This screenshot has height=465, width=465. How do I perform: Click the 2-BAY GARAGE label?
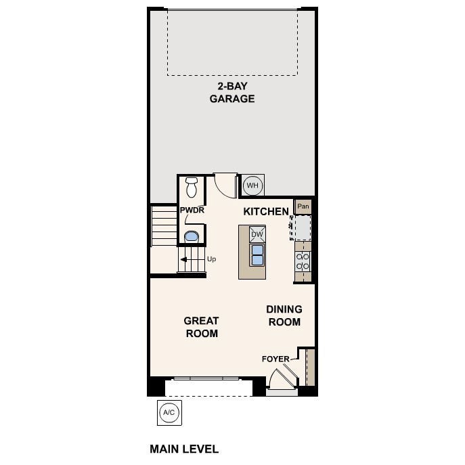pos(231,93)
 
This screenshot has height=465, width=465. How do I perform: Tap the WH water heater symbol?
pos(252,185)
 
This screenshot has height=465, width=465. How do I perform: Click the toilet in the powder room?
pos(192,185)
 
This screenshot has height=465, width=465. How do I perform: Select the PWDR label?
pos(192,211)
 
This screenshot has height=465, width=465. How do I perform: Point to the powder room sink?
pos(192,236)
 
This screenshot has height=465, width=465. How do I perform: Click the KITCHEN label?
pos(266,212)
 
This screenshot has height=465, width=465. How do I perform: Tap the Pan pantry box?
pos(303,206)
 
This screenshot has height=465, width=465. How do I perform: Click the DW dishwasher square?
pos(257,235)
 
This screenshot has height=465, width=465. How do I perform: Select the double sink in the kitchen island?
pos(257,254)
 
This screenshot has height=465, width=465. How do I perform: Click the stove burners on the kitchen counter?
pos(303,263)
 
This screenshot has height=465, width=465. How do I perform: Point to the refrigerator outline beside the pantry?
pos(302,227)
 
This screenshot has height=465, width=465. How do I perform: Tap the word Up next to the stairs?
pos(211,259)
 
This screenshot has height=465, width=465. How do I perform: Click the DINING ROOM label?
pos(284,315)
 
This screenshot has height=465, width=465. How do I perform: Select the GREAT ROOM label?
pos(202,327)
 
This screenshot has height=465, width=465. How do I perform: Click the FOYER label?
pos(275,359)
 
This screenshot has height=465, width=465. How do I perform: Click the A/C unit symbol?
pos(169,412)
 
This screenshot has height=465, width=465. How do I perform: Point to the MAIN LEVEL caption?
pos(183,449)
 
